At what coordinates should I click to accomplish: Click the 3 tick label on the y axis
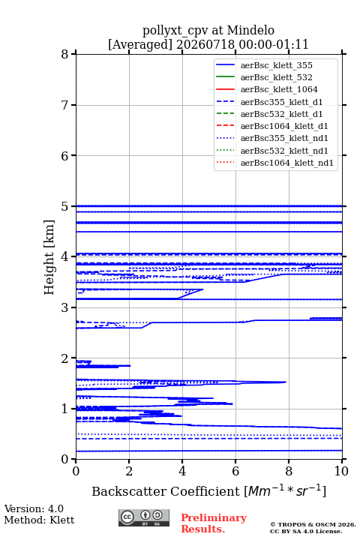[65, 307]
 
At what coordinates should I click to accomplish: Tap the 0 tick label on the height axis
[65, 459]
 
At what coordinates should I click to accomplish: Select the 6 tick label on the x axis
[235, 471]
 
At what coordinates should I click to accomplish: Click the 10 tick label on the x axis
[342, 471]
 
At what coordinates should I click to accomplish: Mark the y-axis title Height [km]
[49, 257]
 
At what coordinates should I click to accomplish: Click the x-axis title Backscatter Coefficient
[166, 491]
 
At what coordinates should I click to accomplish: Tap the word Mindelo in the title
[250, 30]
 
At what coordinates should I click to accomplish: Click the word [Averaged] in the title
[140, 44]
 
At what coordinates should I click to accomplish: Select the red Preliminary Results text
[214, 523]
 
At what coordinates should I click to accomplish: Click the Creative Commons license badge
[144, 517]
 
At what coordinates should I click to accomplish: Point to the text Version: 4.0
[34, 508]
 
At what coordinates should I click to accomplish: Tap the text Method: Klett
[39, 520]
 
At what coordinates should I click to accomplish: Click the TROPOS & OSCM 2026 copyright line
[313, 524]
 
